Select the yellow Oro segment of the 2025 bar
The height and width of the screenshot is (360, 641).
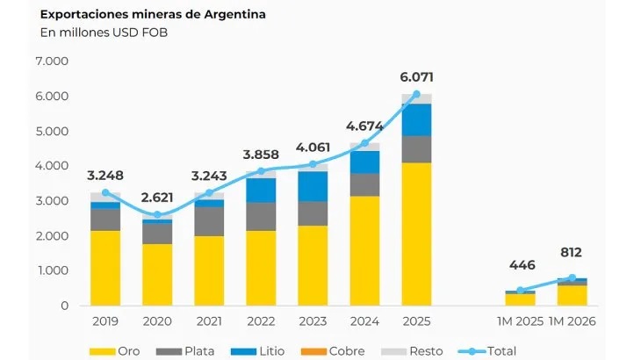tap(417, 234)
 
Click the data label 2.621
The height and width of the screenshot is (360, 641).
tap(157, 197)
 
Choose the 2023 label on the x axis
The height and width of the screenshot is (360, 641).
tap(313, 322)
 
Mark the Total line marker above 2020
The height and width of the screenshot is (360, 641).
tap(157, 214)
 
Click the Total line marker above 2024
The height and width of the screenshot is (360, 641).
tap(364, 143)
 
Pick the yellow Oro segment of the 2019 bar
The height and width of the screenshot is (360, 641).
tap(105, 268)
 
